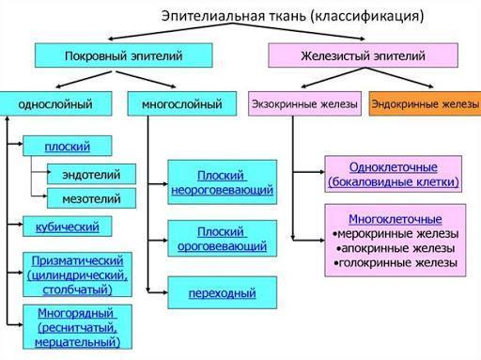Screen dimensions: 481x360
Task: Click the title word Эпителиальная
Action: tap(213, 16)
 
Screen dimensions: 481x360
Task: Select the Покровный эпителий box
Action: tap(124, 55)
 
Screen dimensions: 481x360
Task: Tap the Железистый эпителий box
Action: tap(364, 55)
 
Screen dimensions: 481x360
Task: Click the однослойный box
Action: tap(55, 103)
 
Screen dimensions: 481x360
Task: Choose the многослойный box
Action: tap(182, 103)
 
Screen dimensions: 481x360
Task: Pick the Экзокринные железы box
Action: tap(304, 103)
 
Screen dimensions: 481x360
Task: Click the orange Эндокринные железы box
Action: tap(425, 103)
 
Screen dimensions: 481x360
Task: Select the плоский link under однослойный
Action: tap(68, 147)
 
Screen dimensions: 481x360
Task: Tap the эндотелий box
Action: tap(91, 174)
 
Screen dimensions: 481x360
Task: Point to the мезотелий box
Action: tap(91, 198)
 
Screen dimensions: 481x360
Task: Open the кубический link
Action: tap(68, 227)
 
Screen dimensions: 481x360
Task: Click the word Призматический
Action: tap(77, 260)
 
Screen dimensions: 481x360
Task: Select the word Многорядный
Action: tap(75, 313)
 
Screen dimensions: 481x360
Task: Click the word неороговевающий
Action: tap(223, 190)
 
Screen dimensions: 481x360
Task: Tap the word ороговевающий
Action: tap(223, 246)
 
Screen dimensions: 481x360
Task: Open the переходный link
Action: tap(223, 293)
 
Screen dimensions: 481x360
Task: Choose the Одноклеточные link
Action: tap(394, 167)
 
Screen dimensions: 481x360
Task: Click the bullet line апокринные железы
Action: tap(396, 248)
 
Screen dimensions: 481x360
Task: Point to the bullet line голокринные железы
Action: tap(396, 263)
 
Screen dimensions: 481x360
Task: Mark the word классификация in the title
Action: tap(367, 16)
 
